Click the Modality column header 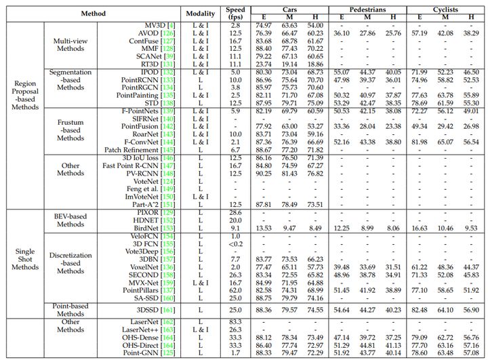coord(201,13)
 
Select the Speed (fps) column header coord(236,13)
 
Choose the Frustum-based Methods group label coord(70,129)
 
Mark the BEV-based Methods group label coord(70,220)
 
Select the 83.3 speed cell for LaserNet coord(236,321)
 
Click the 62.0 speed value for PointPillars coord(236,289)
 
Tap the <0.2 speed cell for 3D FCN coord(236,243)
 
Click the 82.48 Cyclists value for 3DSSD coord(420,309)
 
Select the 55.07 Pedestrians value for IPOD coord(342,71)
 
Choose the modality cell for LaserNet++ coord(201,329)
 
